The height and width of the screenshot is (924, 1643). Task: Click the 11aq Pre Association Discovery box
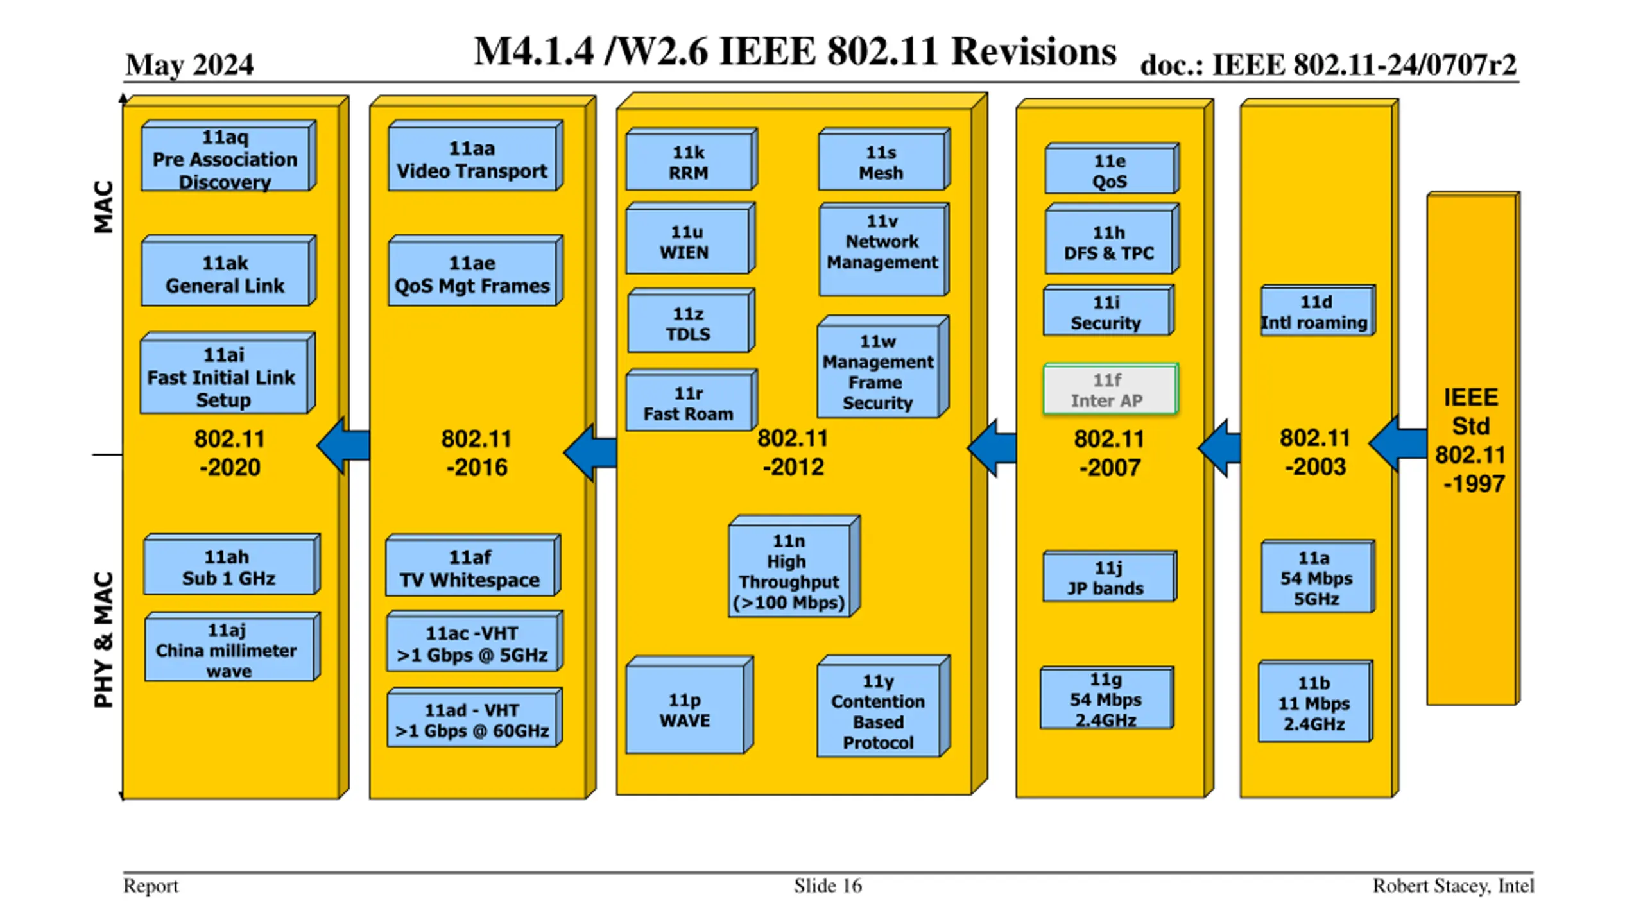pyautogui.click(x=228, y=156)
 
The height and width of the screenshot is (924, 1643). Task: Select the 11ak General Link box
pyautogui.click(x=228, y=271)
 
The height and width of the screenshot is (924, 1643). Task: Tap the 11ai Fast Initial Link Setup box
pyautogui.click(x=228, y=373)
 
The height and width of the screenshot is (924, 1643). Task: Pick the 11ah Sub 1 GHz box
pyautogui.click(x=232, y=565)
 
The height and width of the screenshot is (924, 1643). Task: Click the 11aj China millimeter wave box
pyautogui.click(x=232, y=647)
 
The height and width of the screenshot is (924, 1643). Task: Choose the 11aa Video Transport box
pyautogui.click(x=476, y=156)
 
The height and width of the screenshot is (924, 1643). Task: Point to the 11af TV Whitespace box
pyautogui.click(x=473, y=566)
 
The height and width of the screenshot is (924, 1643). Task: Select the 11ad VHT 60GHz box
pyautogui.click(x=475, y=718)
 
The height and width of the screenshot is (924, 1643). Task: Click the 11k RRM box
pyautogui.click(x=692, y=160)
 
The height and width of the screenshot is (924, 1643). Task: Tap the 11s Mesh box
pyautogui.click(x=884, y=160)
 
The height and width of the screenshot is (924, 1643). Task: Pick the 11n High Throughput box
pyautogui.click(x=794, y=567)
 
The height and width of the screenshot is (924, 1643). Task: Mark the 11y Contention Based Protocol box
pyautogui.click(x=883, y=706)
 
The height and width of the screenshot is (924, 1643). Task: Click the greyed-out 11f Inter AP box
pyautogui.click(x=1110, y=389)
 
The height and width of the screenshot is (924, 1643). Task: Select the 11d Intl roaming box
pyautogui.click(x=1318, y=311)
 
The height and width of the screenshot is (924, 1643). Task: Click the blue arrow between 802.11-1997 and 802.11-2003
pyautogui.click(x=1398, y=443)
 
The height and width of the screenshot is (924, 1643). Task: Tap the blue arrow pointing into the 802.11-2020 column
pyautogui.click(x=343, y=445)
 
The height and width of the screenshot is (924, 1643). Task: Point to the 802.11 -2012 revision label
pyautogui.click(x=793, y=452)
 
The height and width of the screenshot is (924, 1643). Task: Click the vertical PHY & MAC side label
pyautogui.click(x=103, y=640)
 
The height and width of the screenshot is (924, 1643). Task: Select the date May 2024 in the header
pyautogui.click(x=189, y=65)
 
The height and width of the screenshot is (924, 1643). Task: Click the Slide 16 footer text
pyautogui.click(x=828, y=886)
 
